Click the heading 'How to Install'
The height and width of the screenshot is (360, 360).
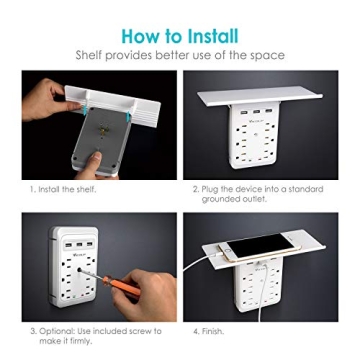coord(180,35)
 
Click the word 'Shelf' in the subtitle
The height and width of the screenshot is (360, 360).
coord(92,56)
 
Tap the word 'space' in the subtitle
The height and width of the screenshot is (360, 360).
coord(266,56)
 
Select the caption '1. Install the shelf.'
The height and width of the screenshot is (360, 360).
coord(64,187)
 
